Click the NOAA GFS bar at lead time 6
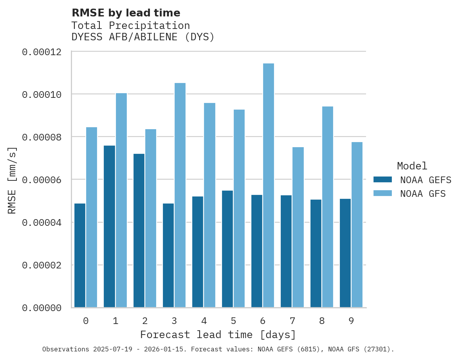[x=269, y=185]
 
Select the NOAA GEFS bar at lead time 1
[x=110, y=227]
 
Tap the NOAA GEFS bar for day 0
[x=80, y=256]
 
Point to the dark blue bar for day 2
[x=139, y=230]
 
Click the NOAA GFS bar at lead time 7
[x=298, y=227]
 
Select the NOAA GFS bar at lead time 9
[x=357, y=225]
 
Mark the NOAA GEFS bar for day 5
[x=227, y=249]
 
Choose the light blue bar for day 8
[x=327, y=207]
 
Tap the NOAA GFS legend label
[x=423, y=193]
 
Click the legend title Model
[x=412, y=166]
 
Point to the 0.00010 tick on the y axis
[x=42, y=94]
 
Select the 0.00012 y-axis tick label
[x=42, y=52]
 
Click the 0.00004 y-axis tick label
[x=42, y=222]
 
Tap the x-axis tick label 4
[x=204, y=321]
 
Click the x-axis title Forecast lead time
[x=218, y=335]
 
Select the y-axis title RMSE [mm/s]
[x=12, y=180]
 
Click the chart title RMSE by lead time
[x=126, y=13]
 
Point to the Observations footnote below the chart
[x=218, y=349]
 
